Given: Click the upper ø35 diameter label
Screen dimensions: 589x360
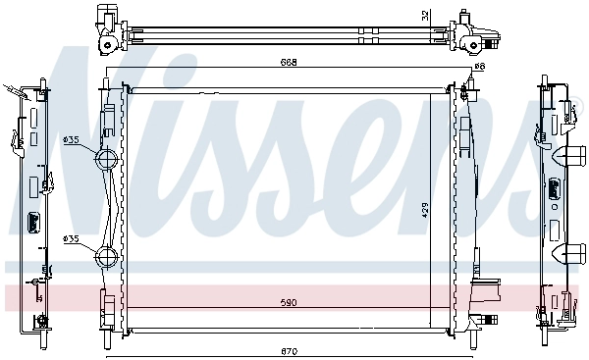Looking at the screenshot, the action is pyautogui.click(x=71, y=140).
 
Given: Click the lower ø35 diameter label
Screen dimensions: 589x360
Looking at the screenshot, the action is pyautogui.click(x=71, y=238).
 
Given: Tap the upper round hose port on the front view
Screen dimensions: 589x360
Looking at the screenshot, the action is pyautogui.click(x=107, y=160).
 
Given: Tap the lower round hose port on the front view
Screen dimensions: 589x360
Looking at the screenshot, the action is pyautogui.click(x=107, y=257).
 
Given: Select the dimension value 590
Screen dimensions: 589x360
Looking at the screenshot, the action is pyautogui.click(x=289, y=302).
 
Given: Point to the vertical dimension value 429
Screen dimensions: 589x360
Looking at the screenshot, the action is pyautogui.click(x=425, y=211).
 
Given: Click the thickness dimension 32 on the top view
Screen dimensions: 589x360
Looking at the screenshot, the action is pyautogui.click(x=425, y=16).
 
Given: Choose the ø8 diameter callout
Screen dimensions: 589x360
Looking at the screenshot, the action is pyautogui.click(x=480, y=67).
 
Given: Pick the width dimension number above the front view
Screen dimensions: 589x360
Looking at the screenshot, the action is pyautogui.click(x=289, y=63).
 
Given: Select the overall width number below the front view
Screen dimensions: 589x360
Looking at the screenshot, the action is pyautogui.click(x=289, y=351).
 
